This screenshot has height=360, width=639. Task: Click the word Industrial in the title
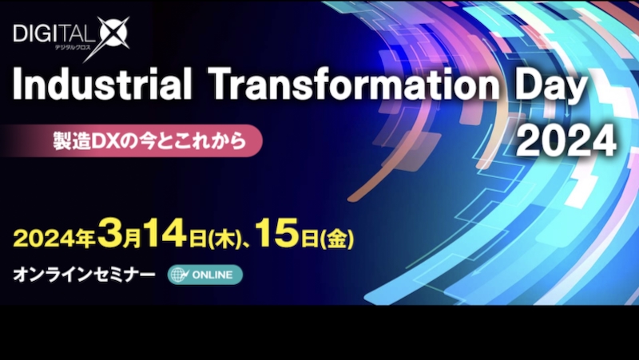[102, 85]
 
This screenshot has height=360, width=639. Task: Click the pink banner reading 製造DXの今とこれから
[131, 141]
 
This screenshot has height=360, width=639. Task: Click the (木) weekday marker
[224, 239]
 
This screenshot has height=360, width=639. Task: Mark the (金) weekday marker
[337, 239]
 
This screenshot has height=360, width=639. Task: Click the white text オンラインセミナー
[84, 275]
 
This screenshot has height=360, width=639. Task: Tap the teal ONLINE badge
[205, 275]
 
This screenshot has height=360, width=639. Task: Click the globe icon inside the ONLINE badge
[179, 275]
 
